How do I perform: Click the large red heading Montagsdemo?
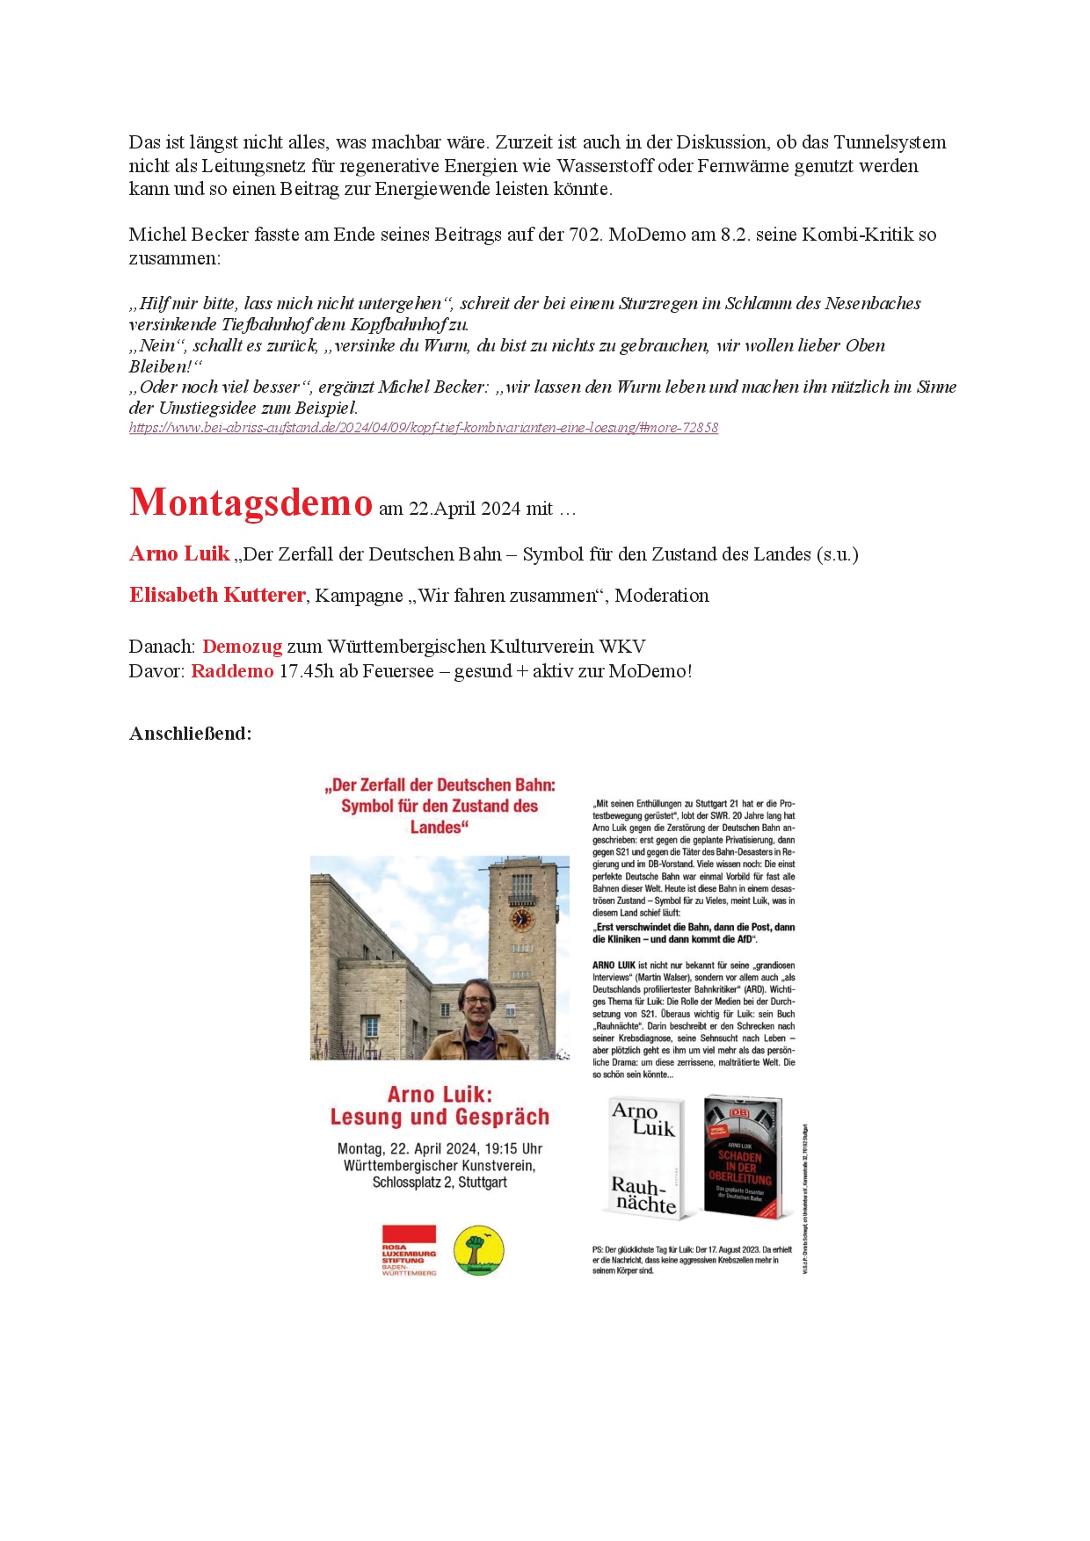(251, 503)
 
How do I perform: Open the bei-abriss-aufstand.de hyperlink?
(423, 428)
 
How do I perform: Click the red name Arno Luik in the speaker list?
(179, 554)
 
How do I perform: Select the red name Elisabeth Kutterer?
(217, 596)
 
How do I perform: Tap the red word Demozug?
(242, 647)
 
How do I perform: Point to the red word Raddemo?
(232, 671)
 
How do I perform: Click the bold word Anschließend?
(190, 734)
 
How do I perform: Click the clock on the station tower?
(521, 919)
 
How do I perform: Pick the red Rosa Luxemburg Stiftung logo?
(409, 1249)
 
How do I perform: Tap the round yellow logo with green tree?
(479, 1251)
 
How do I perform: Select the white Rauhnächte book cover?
(646, 1158)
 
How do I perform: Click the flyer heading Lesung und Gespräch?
(440, 1117)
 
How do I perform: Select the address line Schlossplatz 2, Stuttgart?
(440, 1183)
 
